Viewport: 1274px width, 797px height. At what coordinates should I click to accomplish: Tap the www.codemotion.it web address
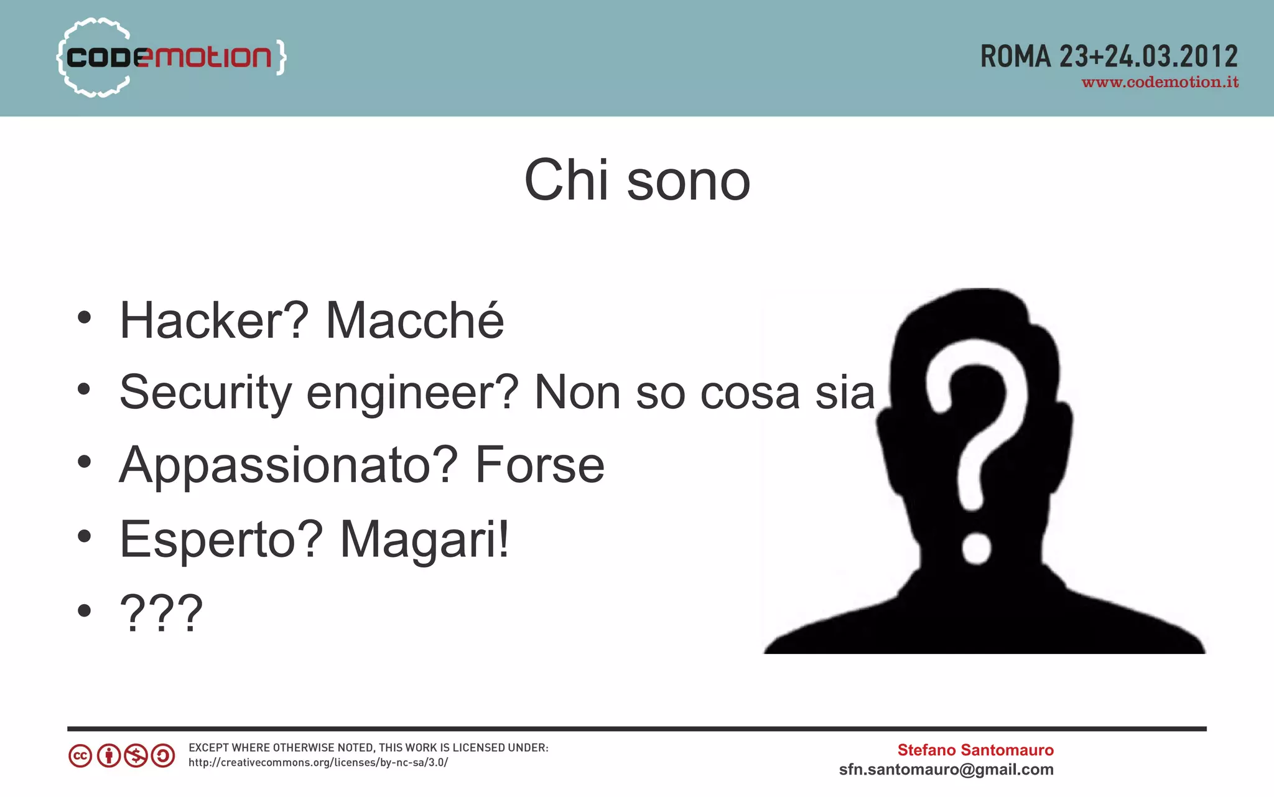pyautogui.click(x=1160, y=83)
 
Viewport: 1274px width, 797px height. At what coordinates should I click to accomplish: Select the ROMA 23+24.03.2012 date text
pyautogui.click(x=1109, y=57)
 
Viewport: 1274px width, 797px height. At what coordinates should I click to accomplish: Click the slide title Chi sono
pyautogui.click(x=637, y=180)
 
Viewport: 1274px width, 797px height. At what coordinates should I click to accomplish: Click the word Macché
pyautogui.click(x=414, y=321)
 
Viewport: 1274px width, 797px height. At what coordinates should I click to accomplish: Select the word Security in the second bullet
pyautogui.click(x=205, y=393)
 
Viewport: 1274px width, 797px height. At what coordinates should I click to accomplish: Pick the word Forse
pyautogui.click(x=539, y=465)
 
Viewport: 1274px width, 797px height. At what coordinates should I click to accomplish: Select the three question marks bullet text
pyautogui.click(x=161, y=613)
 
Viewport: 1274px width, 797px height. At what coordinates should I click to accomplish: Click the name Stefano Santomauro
pyautogui.click(x=975, y=750)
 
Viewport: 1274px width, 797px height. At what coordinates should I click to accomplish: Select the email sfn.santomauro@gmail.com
pyautogui.click(x=946, y=770)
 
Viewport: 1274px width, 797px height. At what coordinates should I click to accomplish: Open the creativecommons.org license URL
pyautogui.click(x=318, y=763)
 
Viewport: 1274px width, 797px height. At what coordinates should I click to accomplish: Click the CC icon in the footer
pyautogui.click(x=80, y=756)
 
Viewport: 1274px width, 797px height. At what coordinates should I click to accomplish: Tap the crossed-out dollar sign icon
pyautogui.click(x=136, y=756)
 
